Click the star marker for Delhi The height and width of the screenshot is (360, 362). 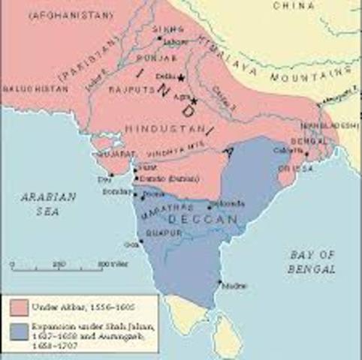[x=181, y=76]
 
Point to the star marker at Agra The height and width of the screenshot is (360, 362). [x=194, y=100]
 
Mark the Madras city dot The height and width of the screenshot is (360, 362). [x=219, y=283]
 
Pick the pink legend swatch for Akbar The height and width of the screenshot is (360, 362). [x=20, y=306]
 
